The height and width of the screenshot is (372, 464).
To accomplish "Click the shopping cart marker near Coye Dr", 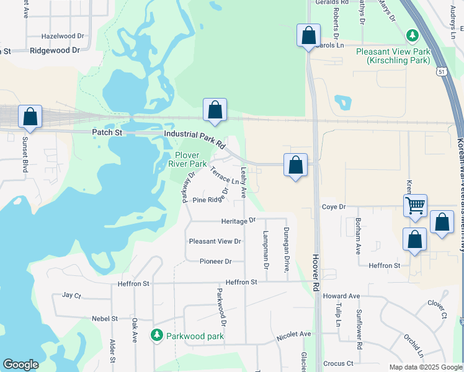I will (415, 205).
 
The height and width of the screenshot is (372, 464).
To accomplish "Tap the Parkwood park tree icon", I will (156, 335).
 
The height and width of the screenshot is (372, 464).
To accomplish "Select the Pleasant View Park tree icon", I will (411, 35).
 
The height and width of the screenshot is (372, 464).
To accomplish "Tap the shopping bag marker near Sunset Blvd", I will (30, 116).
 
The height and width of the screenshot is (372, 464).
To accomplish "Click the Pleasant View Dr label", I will (215, 241).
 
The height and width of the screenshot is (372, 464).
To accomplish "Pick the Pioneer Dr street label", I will (215, 262).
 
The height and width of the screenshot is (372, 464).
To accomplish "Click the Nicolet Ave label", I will (293, 334).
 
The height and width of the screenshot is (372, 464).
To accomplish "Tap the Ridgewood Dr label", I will (55, 50).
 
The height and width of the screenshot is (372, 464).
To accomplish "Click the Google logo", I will (20, 365).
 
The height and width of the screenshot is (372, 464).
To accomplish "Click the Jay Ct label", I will (72, 296).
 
